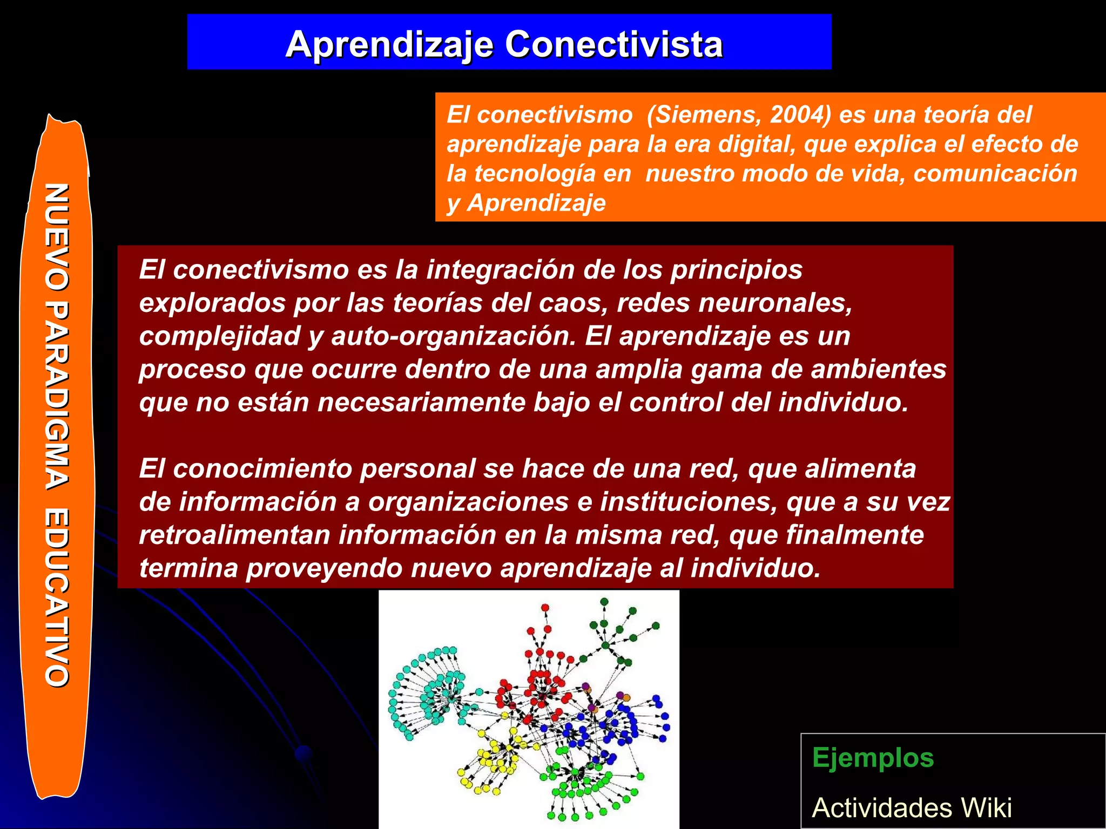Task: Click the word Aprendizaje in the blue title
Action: [x=389, y=44]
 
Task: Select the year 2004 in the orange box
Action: [x=800, y=115]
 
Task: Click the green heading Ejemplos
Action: [x=873, y=758]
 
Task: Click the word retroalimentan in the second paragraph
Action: [x=234, y=535]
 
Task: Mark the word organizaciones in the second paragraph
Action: [x=468, y=502]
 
